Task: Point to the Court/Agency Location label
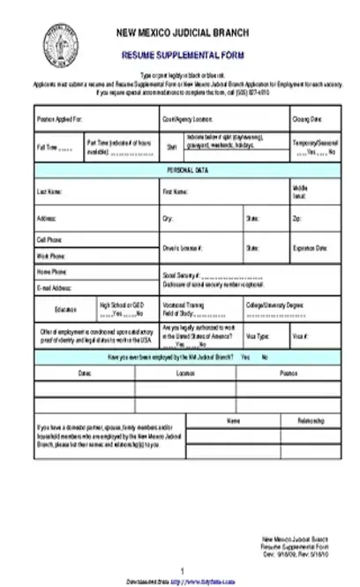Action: [x=187, y=117]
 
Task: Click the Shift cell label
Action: [x=172, y=147]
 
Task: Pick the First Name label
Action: [x=175, y=191]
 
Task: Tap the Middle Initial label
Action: [x=300, y=191]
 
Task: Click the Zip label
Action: [x=296, y=217]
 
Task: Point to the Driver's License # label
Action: [x=183, y=248]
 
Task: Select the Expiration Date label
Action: [x=310, y=248]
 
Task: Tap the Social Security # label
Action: [x=182, y=275]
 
